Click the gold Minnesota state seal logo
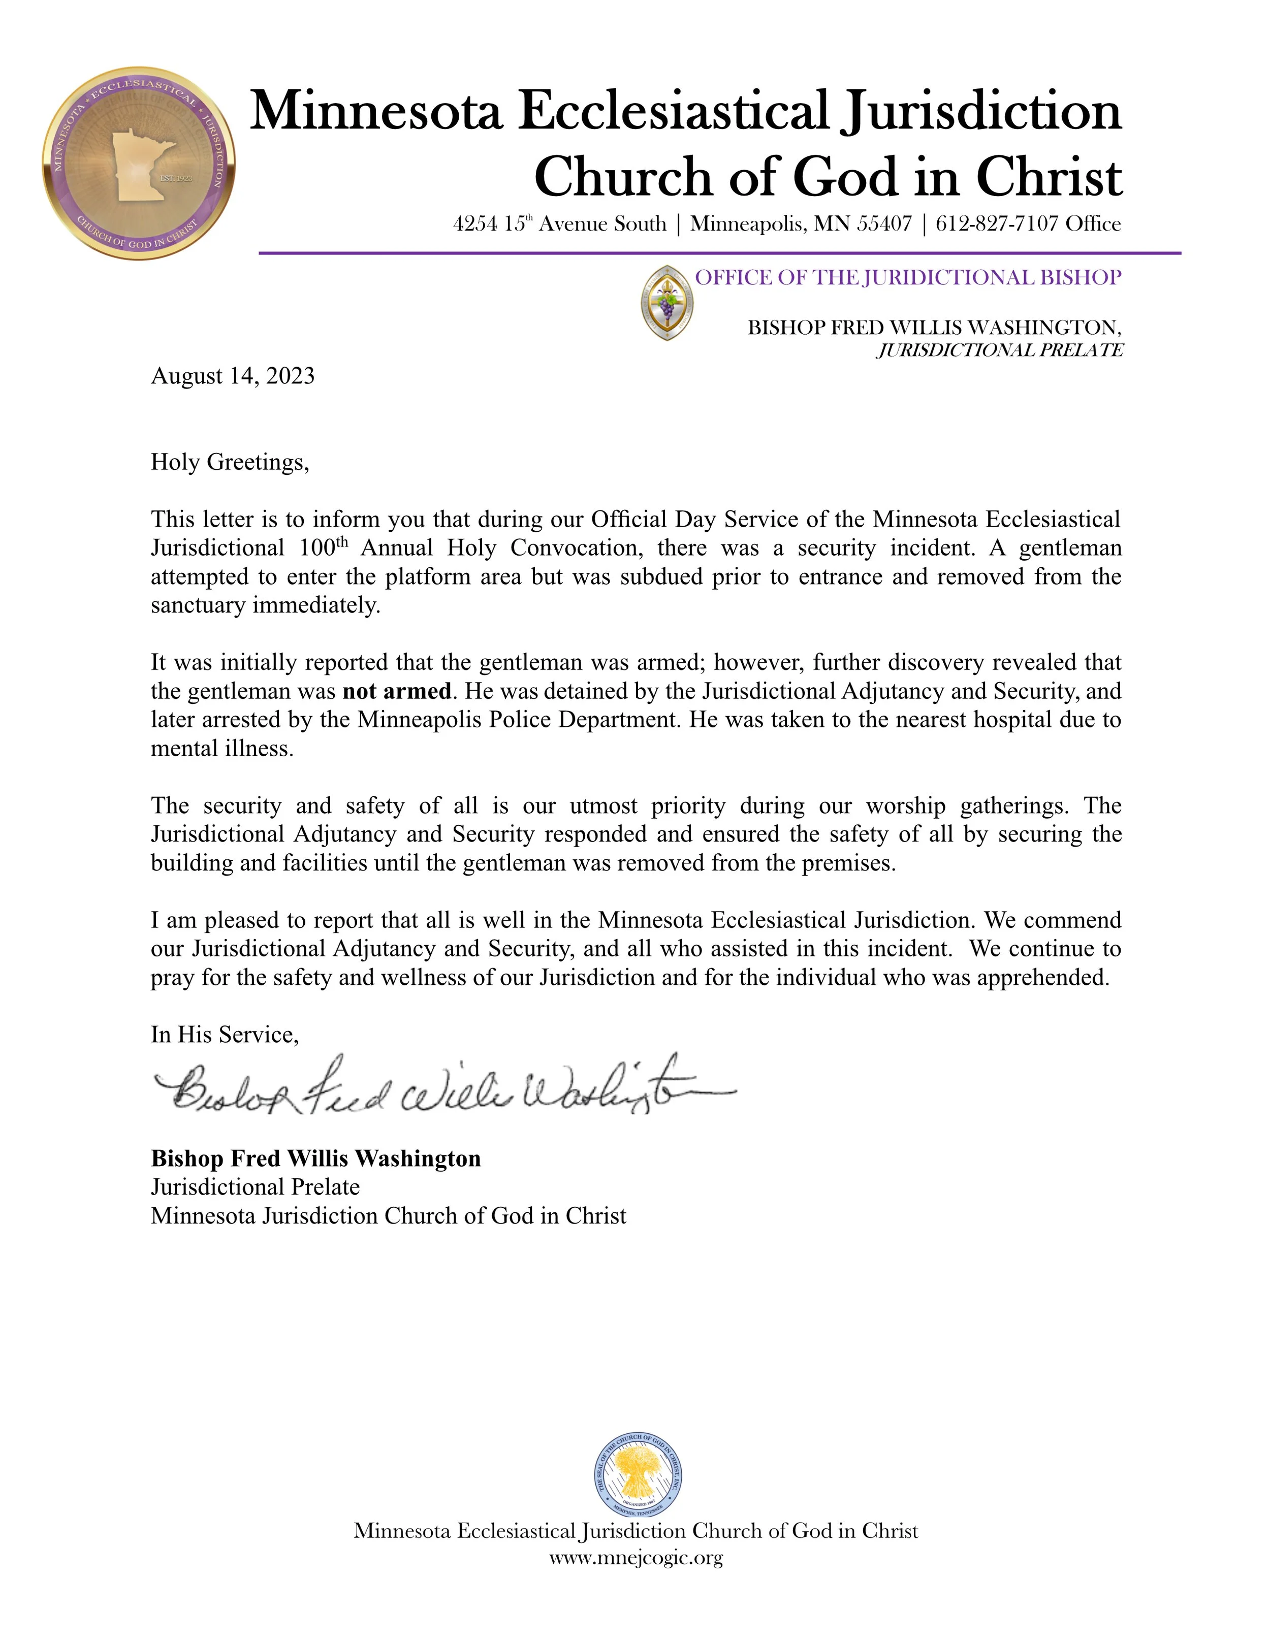(139, 163)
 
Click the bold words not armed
(397, 691)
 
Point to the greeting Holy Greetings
(230, 461)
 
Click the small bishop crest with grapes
(666, 302)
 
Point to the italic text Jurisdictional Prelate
(999, 350)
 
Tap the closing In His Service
(224, 1035)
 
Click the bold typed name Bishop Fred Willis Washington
(315, 1158)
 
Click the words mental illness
(221, 749)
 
